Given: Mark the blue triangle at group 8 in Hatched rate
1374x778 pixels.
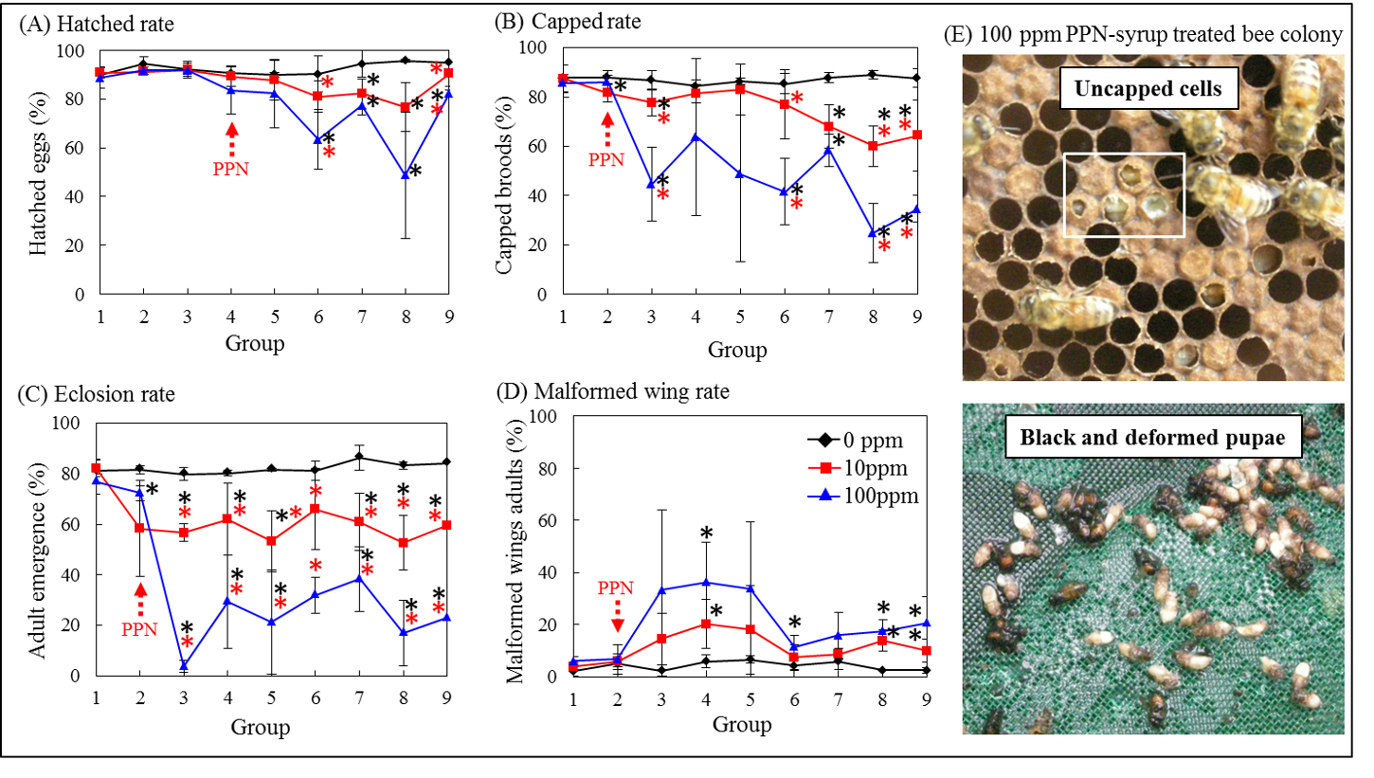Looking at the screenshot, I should click(x=406, y=174).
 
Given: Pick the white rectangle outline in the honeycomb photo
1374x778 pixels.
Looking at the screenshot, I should click(x=1124, y=194).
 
